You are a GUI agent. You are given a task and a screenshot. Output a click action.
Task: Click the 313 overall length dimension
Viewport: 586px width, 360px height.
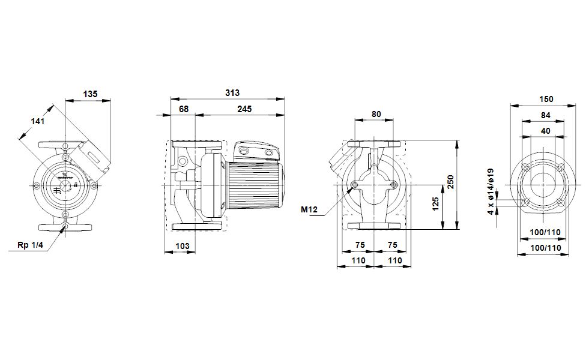coord(232,93)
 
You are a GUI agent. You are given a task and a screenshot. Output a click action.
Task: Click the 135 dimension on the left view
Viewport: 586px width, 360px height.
coord(89,94)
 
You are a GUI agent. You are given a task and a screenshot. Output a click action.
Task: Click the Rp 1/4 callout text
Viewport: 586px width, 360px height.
coord(31,244)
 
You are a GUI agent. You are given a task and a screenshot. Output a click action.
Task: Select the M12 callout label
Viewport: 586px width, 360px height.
coord(309,210)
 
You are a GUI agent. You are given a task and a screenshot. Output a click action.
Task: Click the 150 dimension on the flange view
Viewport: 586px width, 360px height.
coord(545,99)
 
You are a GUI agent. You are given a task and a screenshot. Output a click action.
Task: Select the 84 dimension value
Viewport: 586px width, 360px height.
coord(545,115)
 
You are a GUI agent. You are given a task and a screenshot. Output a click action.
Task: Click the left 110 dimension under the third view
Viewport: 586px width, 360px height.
coord(358,260)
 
